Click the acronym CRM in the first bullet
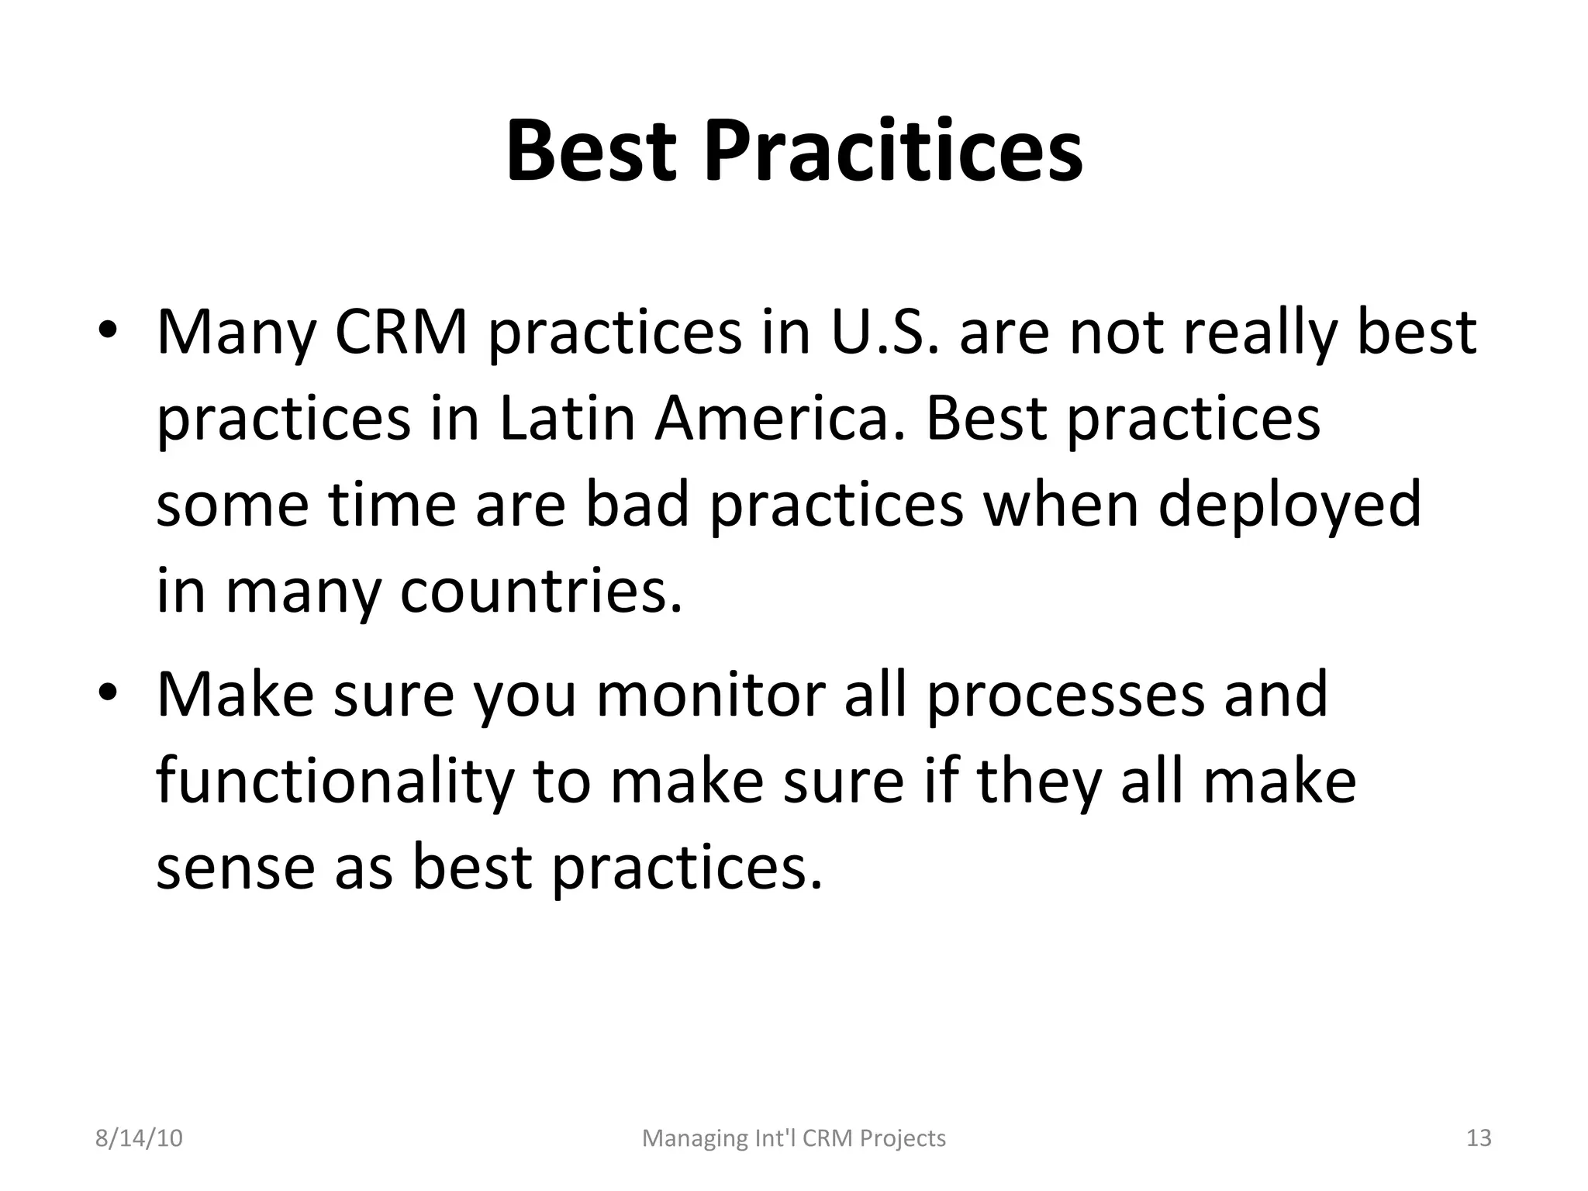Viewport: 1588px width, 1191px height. click(402, 332)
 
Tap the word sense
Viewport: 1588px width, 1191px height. click(236, 867)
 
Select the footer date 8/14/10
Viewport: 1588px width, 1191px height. click(139, 1138)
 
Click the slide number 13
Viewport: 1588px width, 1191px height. click(1479, 1138)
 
